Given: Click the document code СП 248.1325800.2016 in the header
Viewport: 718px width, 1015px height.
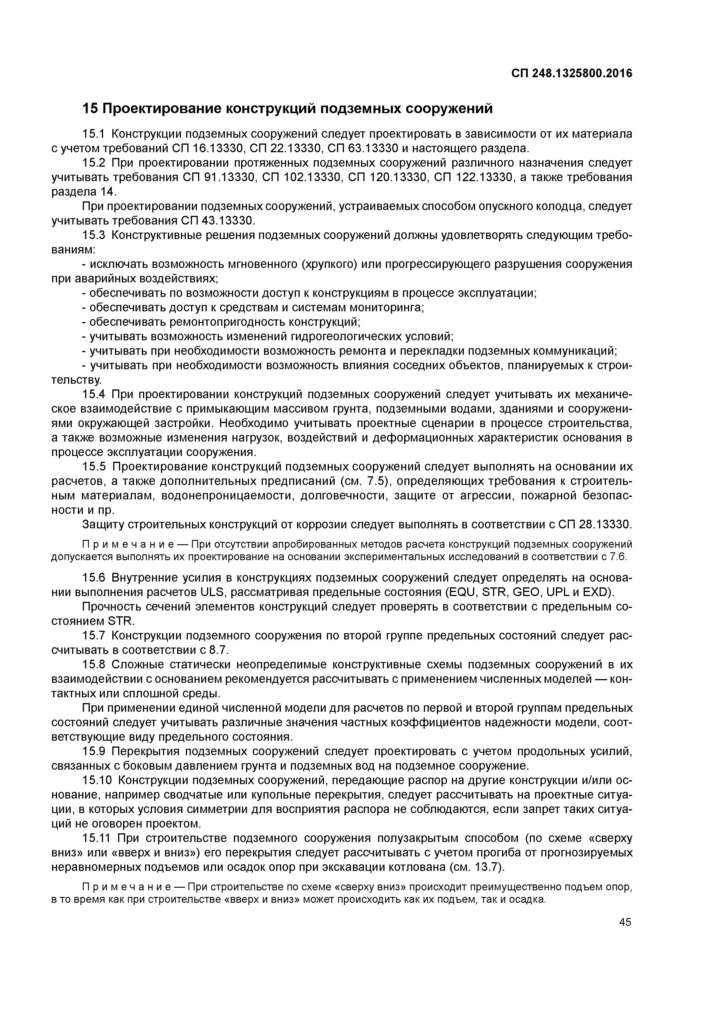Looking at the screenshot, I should pos(572,73).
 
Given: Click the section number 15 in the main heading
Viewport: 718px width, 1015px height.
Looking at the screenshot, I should pos(90,108).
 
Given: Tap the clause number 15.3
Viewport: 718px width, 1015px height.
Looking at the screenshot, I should pos(94,235).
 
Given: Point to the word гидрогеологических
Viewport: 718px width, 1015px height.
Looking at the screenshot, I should pos(346,337).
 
